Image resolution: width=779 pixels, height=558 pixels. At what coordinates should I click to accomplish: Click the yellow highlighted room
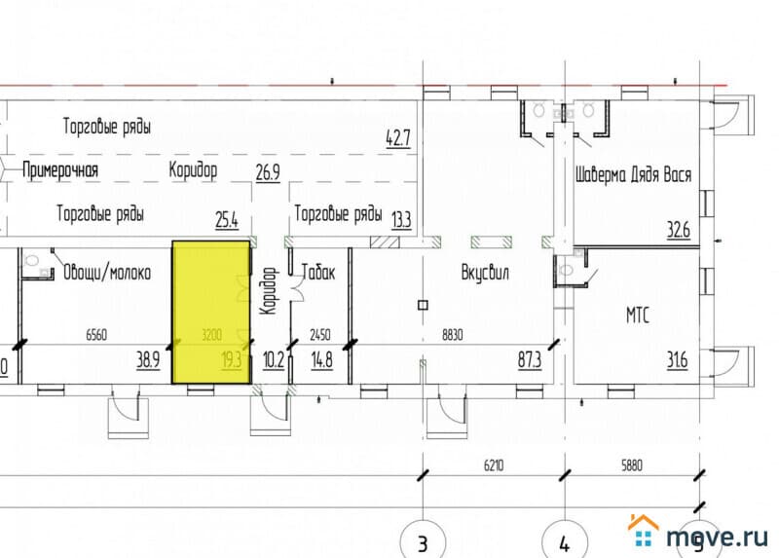[208, 312]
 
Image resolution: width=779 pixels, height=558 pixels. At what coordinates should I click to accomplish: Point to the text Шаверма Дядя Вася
[634, 176]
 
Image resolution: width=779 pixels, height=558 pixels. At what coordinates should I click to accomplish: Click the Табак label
[318, 273]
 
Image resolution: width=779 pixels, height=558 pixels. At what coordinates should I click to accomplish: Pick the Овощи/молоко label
[107, 273]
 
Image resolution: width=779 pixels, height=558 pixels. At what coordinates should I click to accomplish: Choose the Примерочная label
[61, 170]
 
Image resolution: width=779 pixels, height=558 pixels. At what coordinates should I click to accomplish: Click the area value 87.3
[530, 360]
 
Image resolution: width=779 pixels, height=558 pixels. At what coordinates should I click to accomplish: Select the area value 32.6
[678, 231]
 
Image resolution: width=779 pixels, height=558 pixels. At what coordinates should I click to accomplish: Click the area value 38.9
[148, 360]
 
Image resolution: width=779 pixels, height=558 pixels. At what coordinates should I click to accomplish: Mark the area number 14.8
[321, 360]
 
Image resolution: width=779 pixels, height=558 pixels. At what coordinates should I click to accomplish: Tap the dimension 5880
[632, 465]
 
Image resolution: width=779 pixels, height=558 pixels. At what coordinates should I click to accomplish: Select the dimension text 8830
[452, 334]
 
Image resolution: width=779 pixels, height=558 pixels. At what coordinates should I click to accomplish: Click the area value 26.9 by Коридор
[268, 173]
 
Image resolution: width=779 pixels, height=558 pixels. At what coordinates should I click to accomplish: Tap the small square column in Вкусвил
[422, 305]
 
